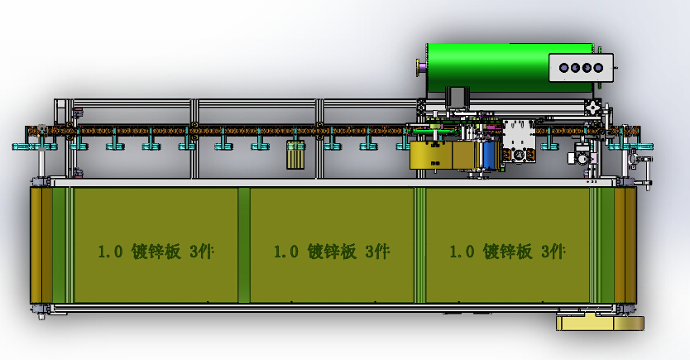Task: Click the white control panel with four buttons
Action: point(582,68)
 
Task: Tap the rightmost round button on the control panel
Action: point(598,68)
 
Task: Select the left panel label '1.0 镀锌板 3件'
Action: point(156,252)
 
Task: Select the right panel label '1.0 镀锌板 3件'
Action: point(506,252)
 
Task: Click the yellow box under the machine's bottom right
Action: point(600,323)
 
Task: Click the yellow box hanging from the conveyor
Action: point(430,155)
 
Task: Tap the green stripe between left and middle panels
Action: point(244,245)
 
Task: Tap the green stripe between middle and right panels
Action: point(420,245)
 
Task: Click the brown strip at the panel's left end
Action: point(36,245)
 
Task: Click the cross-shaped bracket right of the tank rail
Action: point(593,108)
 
